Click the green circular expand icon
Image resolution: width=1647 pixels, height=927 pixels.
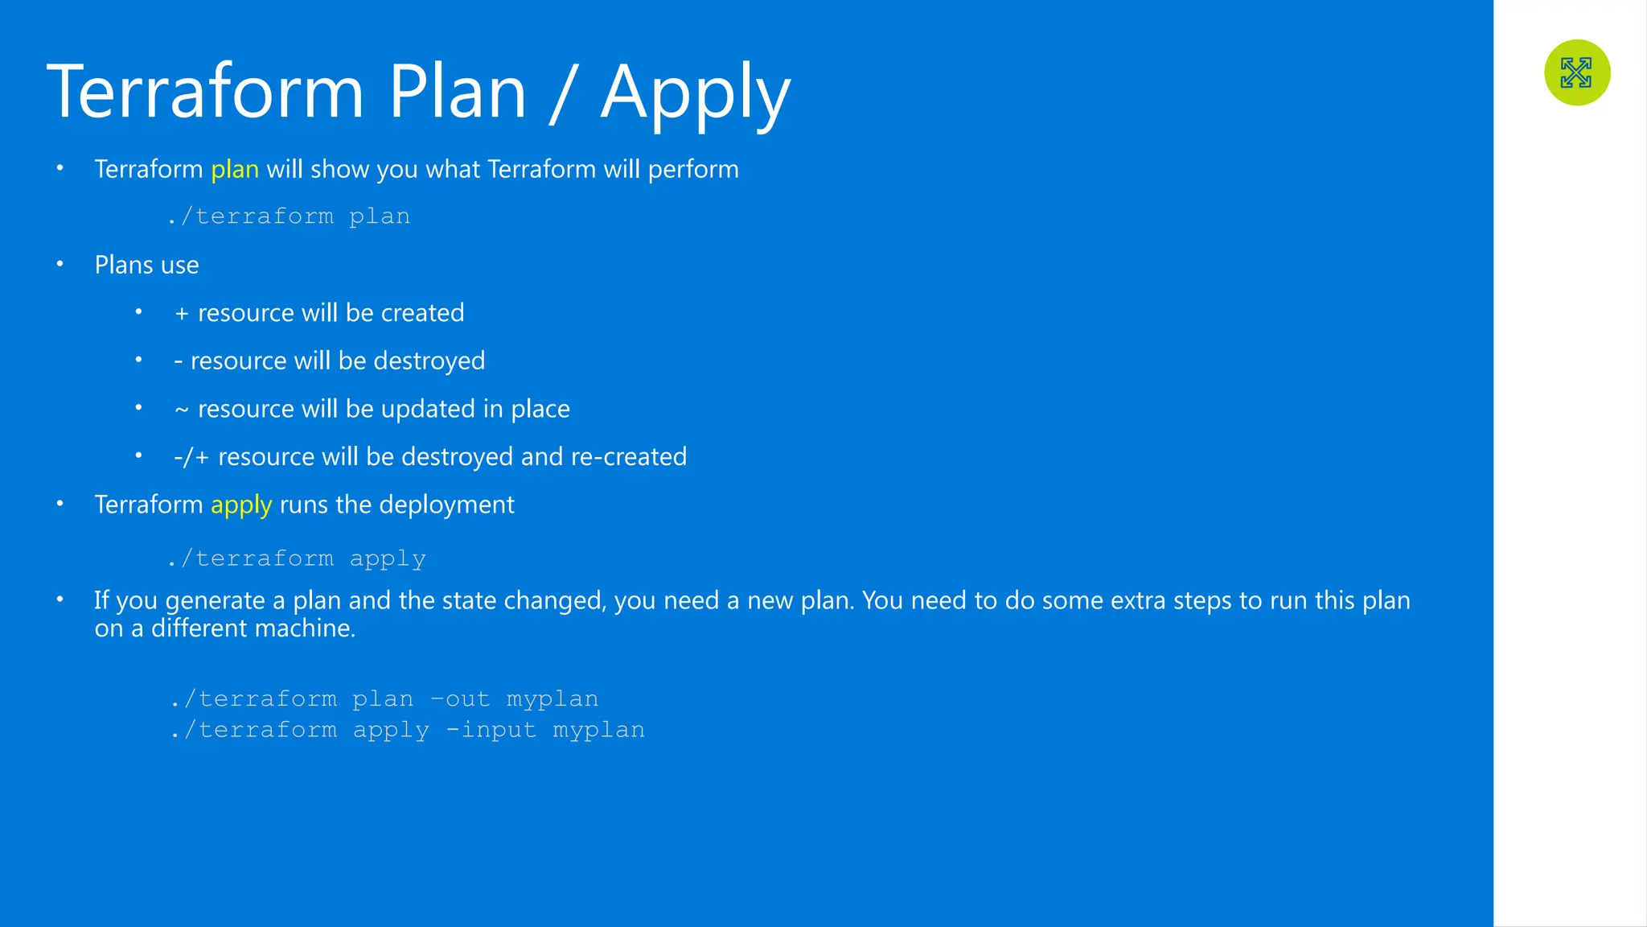click(1576, 72)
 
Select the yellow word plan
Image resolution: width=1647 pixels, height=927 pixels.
click(235, 169)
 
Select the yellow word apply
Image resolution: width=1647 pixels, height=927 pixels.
click(241, 505)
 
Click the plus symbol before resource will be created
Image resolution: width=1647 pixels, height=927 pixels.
click(182, 313)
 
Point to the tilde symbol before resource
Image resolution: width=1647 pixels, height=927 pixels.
click(182, 410)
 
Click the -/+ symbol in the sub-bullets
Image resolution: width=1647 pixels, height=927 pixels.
click(191, 457)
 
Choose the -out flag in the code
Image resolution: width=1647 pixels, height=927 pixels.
click(460, 698)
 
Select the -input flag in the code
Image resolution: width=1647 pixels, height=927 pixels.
click(491, 730)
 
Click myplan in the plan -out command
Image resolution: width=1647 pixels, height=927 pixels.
click(552, 699)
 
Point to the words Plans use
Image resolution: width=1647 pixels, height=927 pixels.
click(146, 265)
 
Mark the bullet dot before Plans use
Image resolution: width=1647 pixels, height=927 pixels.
click(60, 263)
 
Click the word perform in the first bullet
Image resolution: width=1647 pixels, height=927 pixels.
click(693, 169)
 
